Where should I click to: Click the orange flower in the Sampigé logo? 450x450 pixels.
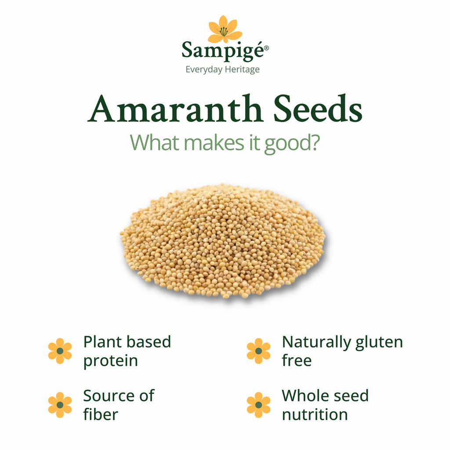click(x=225, y=29)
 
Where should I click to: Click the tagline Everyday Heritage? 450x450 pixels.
click(x=222, y=69)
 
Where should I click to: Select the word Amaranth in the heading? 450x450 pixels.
click(x=175, y=109)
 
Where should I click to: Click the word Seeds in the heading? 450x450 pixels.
click(x=317, y=109)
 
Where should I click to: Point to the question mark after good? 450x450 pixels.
click(x=313, y=142)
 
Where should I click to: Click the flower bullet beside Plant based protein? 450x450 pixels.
click(x=60, y=351)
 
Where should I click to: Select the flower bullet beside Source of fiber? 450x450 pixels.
click(x=60, y=405)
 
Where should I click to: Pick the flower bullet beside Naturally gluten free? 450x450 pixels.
click(x=258, y=351)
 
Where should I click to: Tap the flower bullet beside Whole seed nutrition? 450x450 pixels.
click(x=258, y=405)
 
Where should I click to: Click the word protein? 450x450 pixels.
click(x=110, y=361)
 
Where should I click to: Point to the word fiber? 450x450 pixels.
click(x=101, y=414)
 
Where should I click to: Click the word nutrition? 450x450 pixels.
click(x=315, y=414)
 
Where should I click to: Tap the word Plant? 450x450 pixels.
click(x=102, y=342)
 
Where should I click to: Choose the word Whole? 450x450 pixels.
click(x=305, y=396)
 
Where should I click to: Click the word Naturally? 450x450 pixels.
click(x=316, y=342)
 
